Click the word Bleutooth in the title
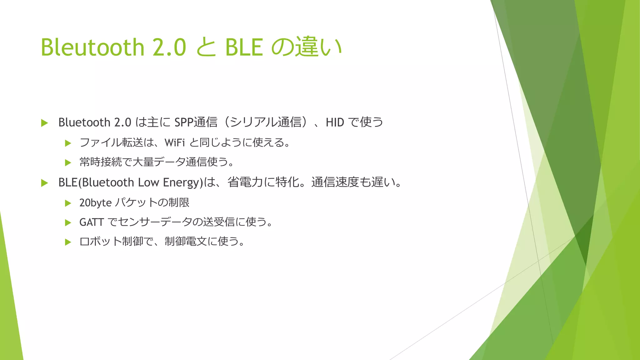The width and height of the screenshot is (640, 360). coord(92,47)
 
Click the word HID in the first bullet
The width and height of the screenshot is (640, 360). coord(335,122)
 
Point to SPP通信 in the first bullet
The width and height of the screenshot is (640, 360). coord(196,122)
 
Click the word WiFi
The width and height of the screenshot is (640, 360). coord(175,142)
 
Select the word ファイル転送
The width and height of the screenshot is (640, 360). coord(111,142)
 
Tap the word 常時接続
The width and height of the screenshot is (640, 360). coord(100,162)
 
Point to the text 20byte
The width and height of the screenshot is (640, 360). coord(95,203)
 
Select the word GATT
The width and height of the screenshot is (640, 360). coord(91,222)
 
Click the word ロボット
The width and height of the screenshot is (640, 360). coord(100,242)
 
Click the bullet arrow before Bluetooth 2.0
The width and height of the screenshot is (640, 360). coord(44,123)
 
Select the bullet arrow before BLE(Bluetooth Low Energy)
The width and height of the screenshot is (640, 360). coord(44,183)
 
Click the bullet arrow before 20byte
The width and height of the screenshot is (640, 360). coord(68,203)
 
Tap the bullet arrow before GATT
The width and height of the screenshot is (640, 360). coord(68,223)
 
